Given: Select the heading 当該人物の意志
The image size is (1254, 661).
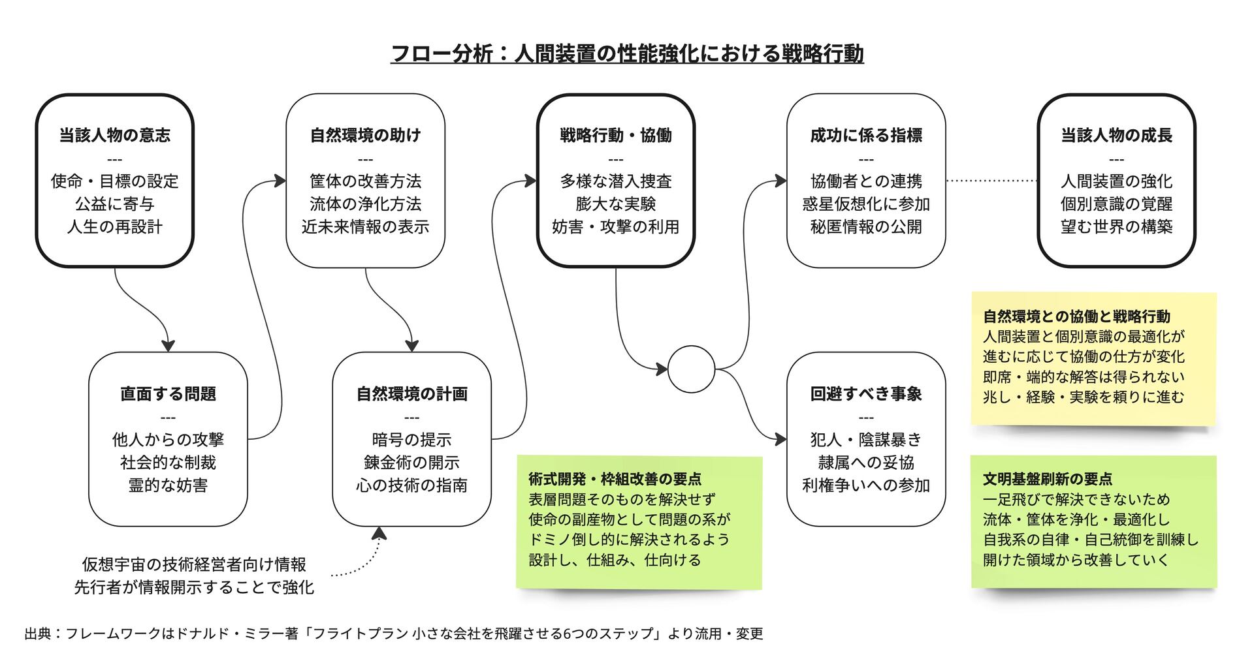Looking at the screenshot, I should [115, 136].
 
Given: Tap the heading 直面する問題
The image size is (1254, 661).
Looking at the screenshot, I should [168, 394].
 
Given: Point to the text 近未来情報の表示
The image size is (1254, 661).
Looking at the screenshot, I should [365, 227].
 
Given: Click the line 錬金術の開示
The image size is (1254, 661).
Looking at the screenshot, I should [411, 463].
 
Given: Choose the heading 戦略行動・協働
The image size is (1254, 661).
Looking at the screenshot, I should [615, 136].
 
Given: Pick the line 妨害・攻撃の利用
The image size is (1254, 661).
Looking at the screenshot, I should [615, 227].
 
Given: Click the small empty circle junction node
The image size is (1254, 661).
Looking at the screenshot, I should [692, 369].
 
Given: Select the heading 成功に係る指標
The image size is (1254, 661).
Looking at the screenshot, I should [866, 136].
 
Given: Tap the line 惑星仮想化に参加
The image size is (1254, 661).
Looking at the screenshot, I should [866, 204].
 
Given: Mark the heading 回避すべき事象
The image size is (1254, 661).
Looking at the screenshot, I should [866, 394].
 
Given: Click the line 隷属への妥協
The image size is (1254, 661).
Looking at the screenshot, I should [866, 463].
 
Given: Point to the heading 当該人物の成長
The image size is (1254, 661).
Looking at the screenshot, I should [1116, 136].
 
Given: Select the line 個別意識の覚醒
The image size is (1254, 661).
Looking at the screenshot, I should [1116, 204].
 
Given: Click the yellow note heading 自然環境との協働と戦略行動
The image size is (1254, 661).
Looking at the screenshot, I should [1076, 317].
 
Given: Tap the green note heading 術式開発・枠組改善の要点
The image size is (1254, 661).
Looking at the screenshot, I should [615, 479].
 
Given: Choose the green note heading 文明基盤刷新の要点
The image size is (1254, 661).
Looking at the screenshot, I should [1047, 479].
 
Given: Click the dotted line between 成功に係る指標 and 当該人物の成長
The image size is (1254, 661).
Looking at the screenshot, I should [991, 181].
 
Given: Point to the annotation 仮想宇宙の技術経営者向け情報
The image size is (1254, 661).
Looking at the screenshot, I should [194, 564].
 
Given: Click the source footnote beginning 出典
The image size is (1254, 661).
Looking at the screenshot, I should [394, 634].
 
